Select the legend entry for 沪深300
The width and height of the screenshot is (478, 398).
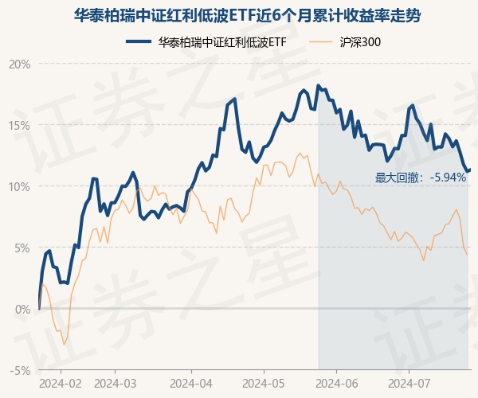tap(351, 41)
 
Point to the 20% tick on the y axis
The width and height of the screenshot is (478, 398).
tap(21, 64)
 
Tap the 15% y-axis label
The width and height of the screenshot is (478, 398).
tap(21, 125)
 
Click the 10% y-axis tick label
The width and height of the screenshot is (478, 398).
tap(21, 186)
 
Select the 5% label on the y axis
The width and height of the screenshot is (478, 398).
tap(23, 248)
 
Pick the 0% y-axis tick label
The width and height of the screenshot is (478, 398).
tap(23, 309)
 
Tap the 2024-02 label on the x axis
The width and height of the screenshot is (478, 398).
tap(60, 383)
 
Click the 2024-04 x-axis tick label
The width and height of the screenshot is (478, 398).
tap(191, 383)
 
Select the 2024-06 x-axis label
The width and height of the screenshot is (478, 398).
tap(336, 383)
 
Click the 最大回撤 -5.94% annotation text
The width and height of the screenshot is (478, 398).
tap(421, 178)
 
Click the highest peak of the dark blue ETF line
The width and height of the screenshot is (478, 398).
tap(319, 85)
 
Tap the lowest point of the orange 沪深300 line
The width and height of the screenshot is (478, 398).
tap(65, 344)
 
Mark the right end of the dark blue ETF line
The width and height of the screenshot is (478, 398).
tap(469, 170)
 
